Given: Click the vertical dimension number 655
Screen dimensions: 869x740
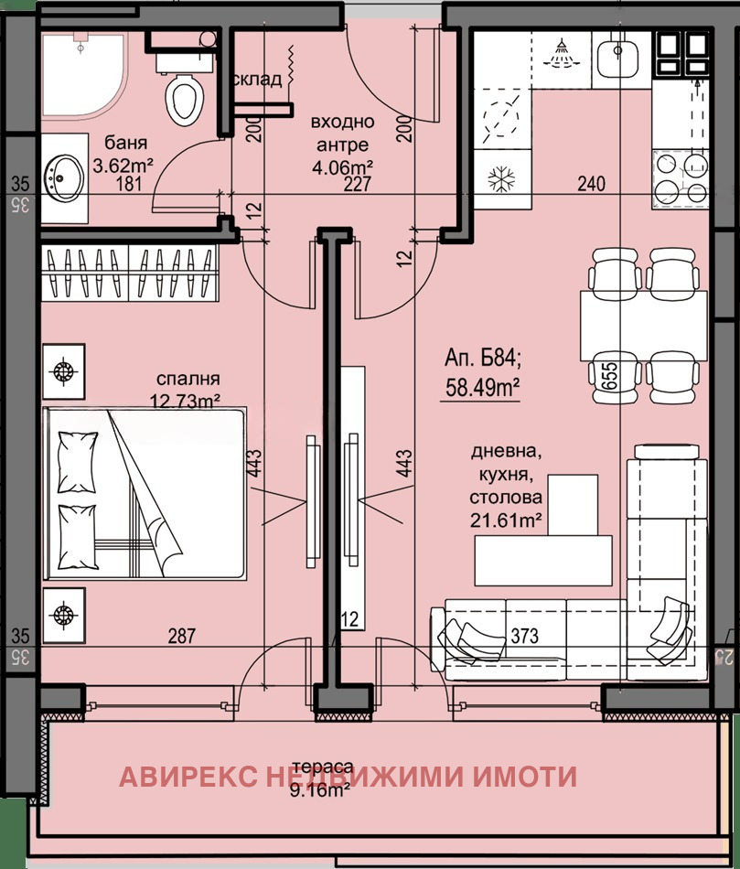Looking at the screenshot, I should (x=606, y=376).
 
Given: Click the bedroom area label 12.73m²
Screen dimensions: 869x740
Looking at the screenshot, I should (x=187, y=399).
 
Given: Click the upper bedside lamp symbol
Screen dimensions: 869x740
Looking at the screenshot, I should (x=63, y=370).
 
